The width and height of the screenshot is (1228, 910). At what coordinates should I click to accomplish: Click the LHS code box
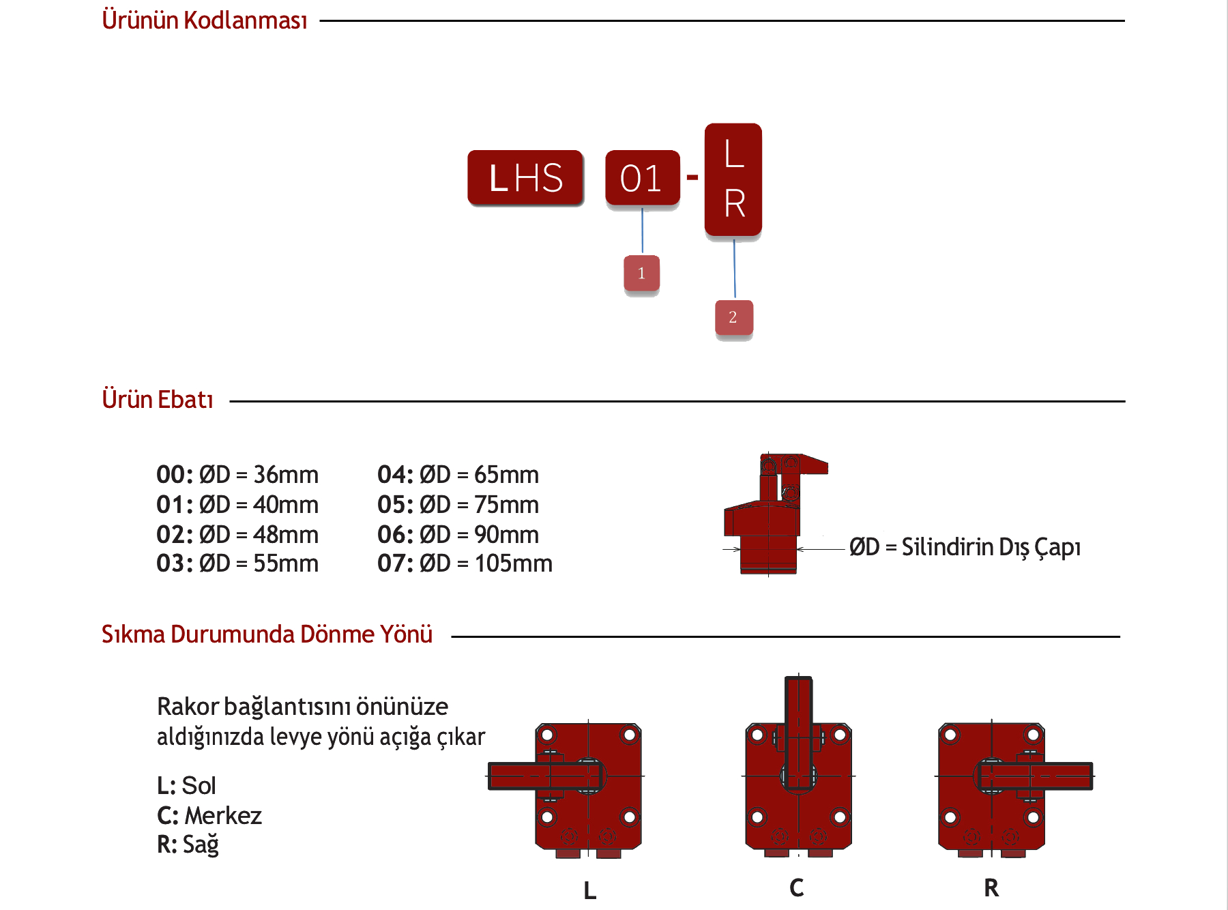525,178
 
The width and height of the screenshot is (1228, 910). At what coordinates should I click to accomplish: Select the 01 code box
642,178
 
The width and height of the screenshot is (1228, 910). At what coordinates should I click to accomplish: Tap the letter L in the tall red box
733,153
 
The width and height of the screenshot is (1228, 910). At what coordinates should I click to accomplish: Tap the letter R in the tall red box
734,203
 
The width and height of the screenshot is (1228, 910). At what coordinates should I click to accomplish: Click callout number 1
641,274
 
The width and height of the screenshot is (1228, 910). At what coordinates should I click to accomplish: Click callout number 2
733,317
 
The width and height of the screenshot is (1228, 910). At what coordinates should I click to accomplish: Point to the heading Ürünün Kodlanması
205,20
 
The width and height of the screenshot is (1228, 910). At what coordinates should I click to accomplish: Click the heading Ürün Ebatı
158,400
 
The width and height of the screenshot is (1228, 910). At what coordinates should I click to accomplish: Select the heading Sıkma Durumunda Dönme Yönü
267,634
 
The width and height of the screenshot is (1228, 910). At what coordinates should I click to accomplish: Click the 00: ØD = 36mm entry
237,475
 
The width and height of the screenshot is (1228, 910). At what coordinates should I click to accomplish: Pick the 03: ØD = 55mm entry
237,563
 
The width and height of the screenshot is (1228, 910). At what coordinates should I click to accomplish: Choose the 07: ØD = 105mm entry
465,563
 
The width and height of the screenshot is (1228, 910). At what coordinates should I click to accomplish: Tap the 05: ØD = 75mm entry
458,505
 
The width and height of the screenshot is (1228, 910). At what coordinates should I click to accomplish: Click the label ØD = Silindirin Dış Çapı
965,547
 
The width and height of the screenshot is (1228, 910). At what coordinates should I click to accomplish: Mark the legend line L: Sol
186,786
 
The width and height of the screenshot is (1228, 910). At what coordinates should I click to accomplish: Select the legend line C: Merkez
209,816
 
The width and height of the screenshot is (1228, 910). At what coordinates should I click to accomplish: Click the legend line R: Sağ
188,845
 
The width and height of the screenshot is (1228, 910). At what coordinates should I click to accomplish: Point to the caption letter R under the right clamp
991,888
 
